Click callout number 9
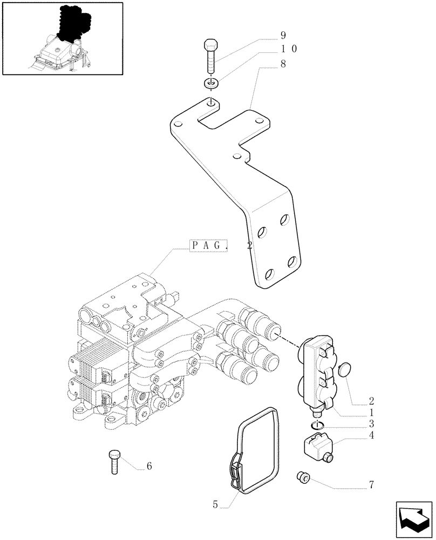[x=283, y=36]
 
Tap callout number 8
[x=283, y=63]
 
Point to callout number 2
[x=371, y=401]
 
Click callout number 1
[x=371, y=413]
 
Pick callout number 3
[x=371, y=424]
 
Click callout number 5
[x=215, y=505]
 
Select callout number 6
[x=149, y=466]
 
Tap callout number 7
[x=371, y=485]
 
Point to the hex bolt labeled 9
[x=211, y=55]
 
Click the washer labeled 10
[x=212, y=84]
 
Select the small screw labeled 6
[x=114, y=461]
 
